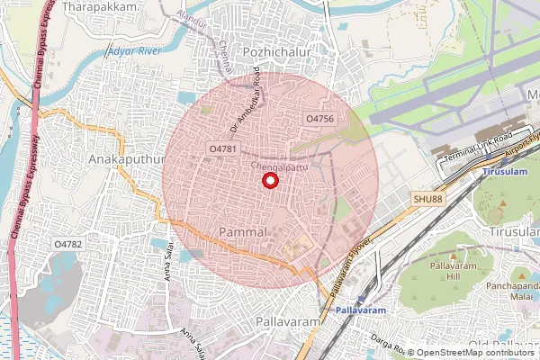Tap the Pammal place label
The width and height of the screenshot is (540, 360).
(243, 232)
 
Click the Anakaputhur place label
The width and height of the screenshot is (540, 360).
(129, 158)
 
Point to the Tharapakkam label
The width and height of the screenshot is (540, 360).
(107, 6)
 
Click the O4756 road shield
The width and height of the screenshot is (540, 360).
(320, 119)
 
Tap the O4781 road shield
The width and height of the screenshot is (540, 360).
(222, 148)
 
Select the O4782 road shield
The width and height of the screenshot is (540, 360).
(67, 244)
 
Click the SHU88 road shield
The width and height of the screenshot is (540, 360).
(428, 199)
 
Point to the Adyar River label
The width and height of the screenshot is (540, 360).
(134, 50)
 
